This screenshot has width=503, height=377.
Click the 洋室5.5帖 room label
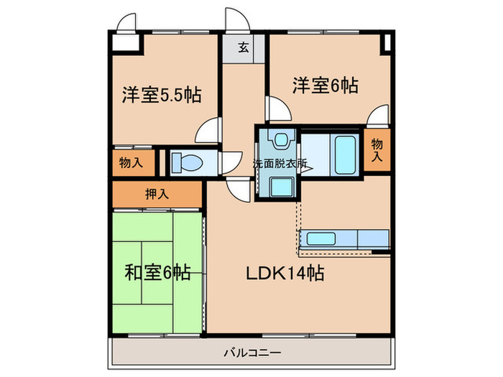[161, 94]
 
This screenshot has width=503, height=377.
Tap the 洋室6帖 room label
[325, 85]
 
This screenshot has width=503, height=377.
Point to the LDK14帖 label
[285, 273]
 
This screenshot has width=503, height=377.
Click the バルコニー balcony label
[251, 352]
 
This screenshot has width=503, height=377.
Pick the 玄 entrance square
[244, 49]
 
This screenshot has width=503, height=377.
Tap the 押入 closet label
[157, 192]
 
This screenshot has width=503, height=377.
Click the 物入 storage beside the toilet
[131, 162]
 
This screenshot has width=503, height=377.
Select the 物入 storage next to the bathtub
[377, 149]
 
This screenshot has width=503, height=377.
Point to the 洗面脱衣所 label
[280, 164]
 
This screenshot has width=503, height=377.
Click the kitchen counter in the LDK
[343, 239]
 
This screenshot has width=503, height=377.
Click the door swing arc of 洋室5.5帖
[208, 130]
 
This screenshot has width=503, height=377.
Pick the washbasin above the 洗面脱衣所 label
[279, 139]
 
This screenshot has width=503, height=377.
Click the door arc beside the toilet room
[231, 162]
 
